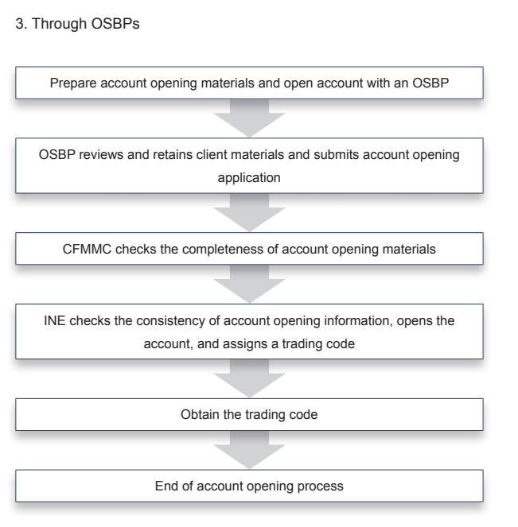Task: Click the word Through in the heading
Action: (59, 24)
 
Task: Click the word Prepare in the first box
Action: (73, 83)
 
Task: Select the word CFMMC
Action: (87, 250)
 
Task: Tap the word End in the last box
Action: (166, 486)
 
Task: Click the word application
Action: (249, 178)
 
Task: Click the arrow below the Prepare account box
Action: (249, 118)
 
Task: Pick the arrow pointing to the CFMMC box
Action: (249, 213)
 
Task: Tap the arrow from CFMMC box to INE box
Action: (249, 285)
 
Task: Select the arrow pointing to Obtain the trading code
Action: (249, 379)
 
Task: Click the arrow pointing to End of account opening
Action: (249, 451)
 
